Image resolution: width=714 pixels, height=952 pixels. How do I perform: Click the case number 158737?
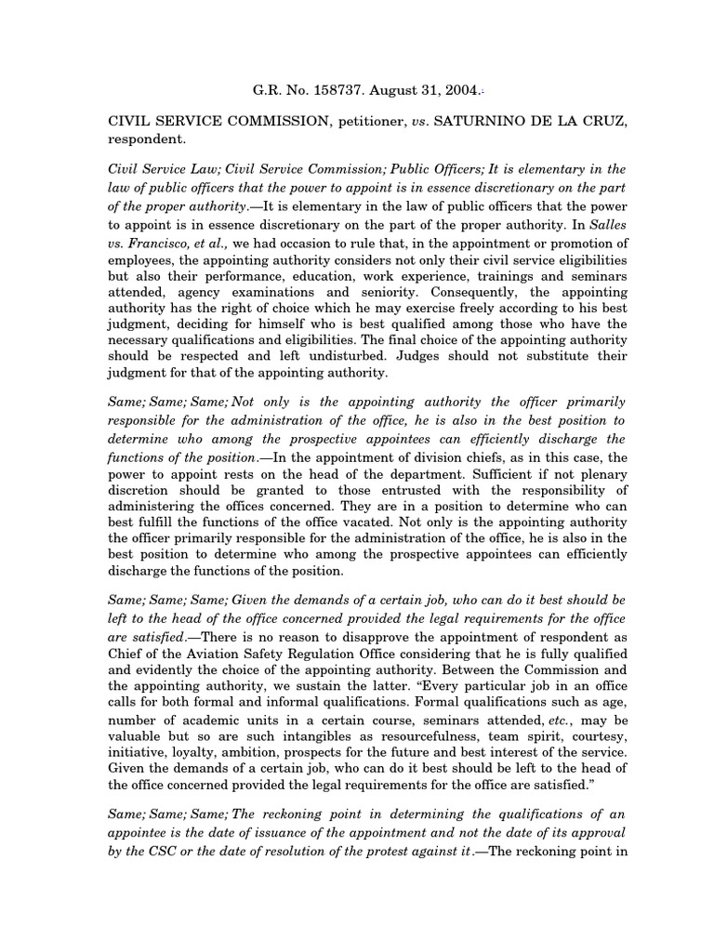pyautogui.click(x=334, y=92)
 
